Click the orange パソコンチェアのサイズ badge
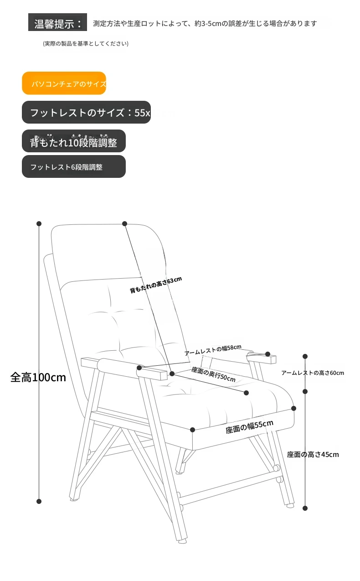[x=64, y=83]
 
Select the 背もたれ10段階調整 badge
[x=73, y=142]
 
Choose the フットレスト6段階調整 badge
[x=73, y=167]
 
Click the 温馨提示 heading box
[x=58, y=23]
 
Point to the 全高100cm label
[x=38, y=377]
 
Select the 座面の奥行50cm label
[x=213, y=374]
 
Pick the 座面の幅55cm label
[x=249, y=426]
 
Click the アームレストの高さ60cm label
[x=313, y=373]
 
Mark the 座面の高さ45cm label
[x=313, y=454]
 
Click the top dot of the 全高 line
[x=39, y=223]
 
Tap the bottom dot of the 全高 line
[x=39, y=501]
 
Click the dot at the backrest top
[x=124, y=223]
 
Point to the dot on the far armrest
[x=268, y=354]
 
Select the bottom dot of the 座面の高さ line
[x=305, y=508]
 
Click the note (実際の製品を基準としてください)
[x=86, y=44]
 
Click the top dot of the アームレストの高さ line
[x=305, y=357]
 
